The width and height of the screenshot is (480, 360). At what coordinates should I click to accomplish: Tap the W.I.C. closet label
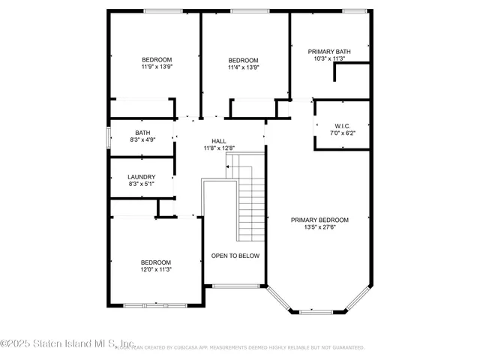(x=342, y=125)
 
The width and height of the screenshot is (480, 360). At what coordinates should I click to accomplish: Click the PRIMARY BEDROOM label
(x=320, y=220)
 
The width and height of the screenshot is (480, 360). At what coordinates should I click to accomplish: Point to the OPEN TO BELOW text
(x=235, y=256)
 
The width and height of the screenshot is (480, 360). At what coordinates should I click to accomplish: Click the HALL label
(x=219, y=141)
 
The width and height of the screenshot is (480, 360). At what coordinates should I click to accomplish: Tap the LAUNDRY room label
(x=141, y=177)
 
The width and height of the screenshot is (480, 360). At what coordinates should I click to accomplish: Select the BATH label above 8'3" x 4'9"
(x=142, y=133)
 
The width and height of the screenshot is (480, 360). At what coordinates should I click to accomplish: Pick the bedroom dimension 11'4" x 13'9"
(x=244, y=67)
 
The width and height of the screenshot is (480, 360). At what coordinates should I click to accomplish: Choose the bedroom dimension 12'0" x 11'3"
(x=156, y=270)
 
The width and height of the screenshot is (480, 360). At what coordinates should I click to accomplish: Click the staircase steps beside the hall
(x=251, y=202)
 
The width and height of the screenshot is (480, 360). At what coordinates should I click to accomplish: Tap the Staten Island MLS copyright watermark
(x=67, y=344)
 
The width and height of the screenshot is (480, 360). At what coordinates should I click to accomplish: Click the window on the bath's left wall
(x=110, y=137)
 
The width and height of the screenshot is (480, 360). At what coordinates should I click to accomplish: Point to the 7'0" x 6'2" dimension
(x=342, y=133)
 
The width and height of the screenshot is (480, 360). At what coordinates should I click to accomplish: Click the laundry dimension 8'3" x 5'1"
(x=141, y=184)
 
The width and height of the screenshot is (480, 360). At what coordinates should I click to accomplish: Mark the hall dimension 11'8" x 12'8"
(x=219, y=148)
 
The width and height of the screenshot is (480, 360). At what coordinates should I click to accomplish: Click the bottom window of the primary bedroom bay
(x=318, y=310)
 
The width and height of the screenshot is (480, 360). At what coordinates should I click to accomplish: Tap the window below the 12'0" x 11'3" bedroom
(x=155, y=305)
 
